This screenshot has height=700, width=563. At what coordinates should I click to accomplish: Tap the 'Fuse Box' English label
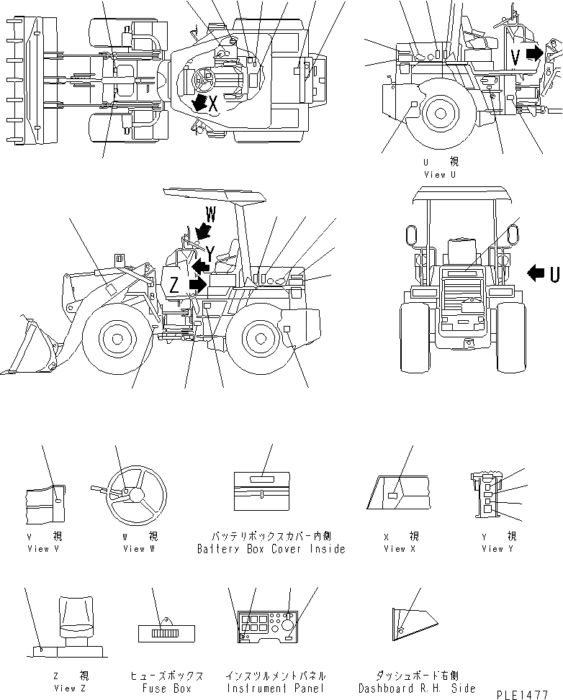click(166, 688)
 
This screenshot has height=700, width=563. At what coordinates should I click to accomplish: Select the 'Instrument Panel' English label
click(275, 688)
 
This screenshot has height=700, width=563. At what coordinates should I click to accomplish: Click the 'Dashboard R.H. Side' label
click(417, 688)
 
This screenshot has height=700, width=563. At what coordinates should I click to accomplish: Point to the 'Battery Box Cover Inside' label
click(271, 549)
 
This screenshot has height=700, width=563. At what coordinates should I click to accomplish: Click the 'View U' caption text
click(440, 174)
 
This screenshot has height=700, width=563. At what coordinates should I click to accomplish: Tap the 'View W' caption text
click(133, 549)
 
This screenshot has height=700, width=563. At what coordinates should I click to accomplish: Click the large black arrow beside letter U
click(536, 273)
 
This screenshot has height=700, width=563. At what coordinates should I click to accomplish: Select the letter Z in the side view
click(174, 285)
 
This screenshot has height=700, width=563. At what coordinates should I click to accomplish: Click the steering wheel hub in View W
click(135, 494)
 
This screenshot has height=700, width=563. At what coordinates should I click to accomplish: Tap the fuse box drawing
click(167, 633)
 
